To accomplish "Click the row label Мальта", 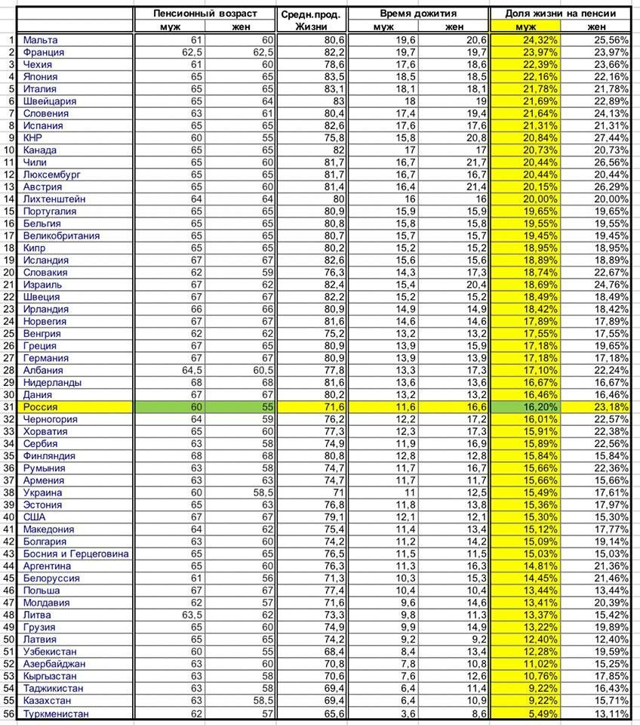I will [x=40, y=40].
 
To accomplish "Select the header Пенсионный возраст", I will [x=205, y=14].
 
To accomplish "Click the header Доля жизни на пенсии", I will [x=563, y=14].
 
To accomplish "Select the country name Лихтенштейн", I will [x=54, y=199].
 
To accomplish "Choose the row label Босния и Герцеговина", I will [x=75, y=554].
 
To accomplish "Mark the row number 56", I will [x=9, y=714].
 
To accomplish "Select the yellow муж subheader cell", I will [x=525, y=27].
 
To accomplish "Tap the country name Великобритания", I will [x=61, y=236].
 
